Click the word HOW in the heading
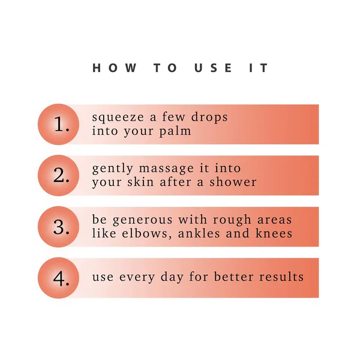point(115,68)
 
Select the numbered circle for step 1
point(58,124)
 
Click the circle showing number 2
point(58,175)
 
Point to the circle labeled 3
point(58,227)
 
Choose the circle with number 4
point(58,278)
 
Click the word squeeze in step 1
point(118,118)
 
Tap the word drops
point(209,117)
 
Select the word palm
point(175,131)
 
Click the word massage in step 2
point(166,169)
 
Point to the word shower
point(233,182)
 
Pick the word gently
point(113,169)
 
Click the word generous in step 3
point(143,220)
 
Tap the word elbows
point(147,233)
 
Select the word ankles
point(199,233)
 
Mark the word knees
point(274,233)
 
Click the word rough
point(232,220)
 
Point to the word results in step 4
point(281,277)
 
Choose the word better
point(234,277)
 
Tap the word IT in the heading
point(259,68)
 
